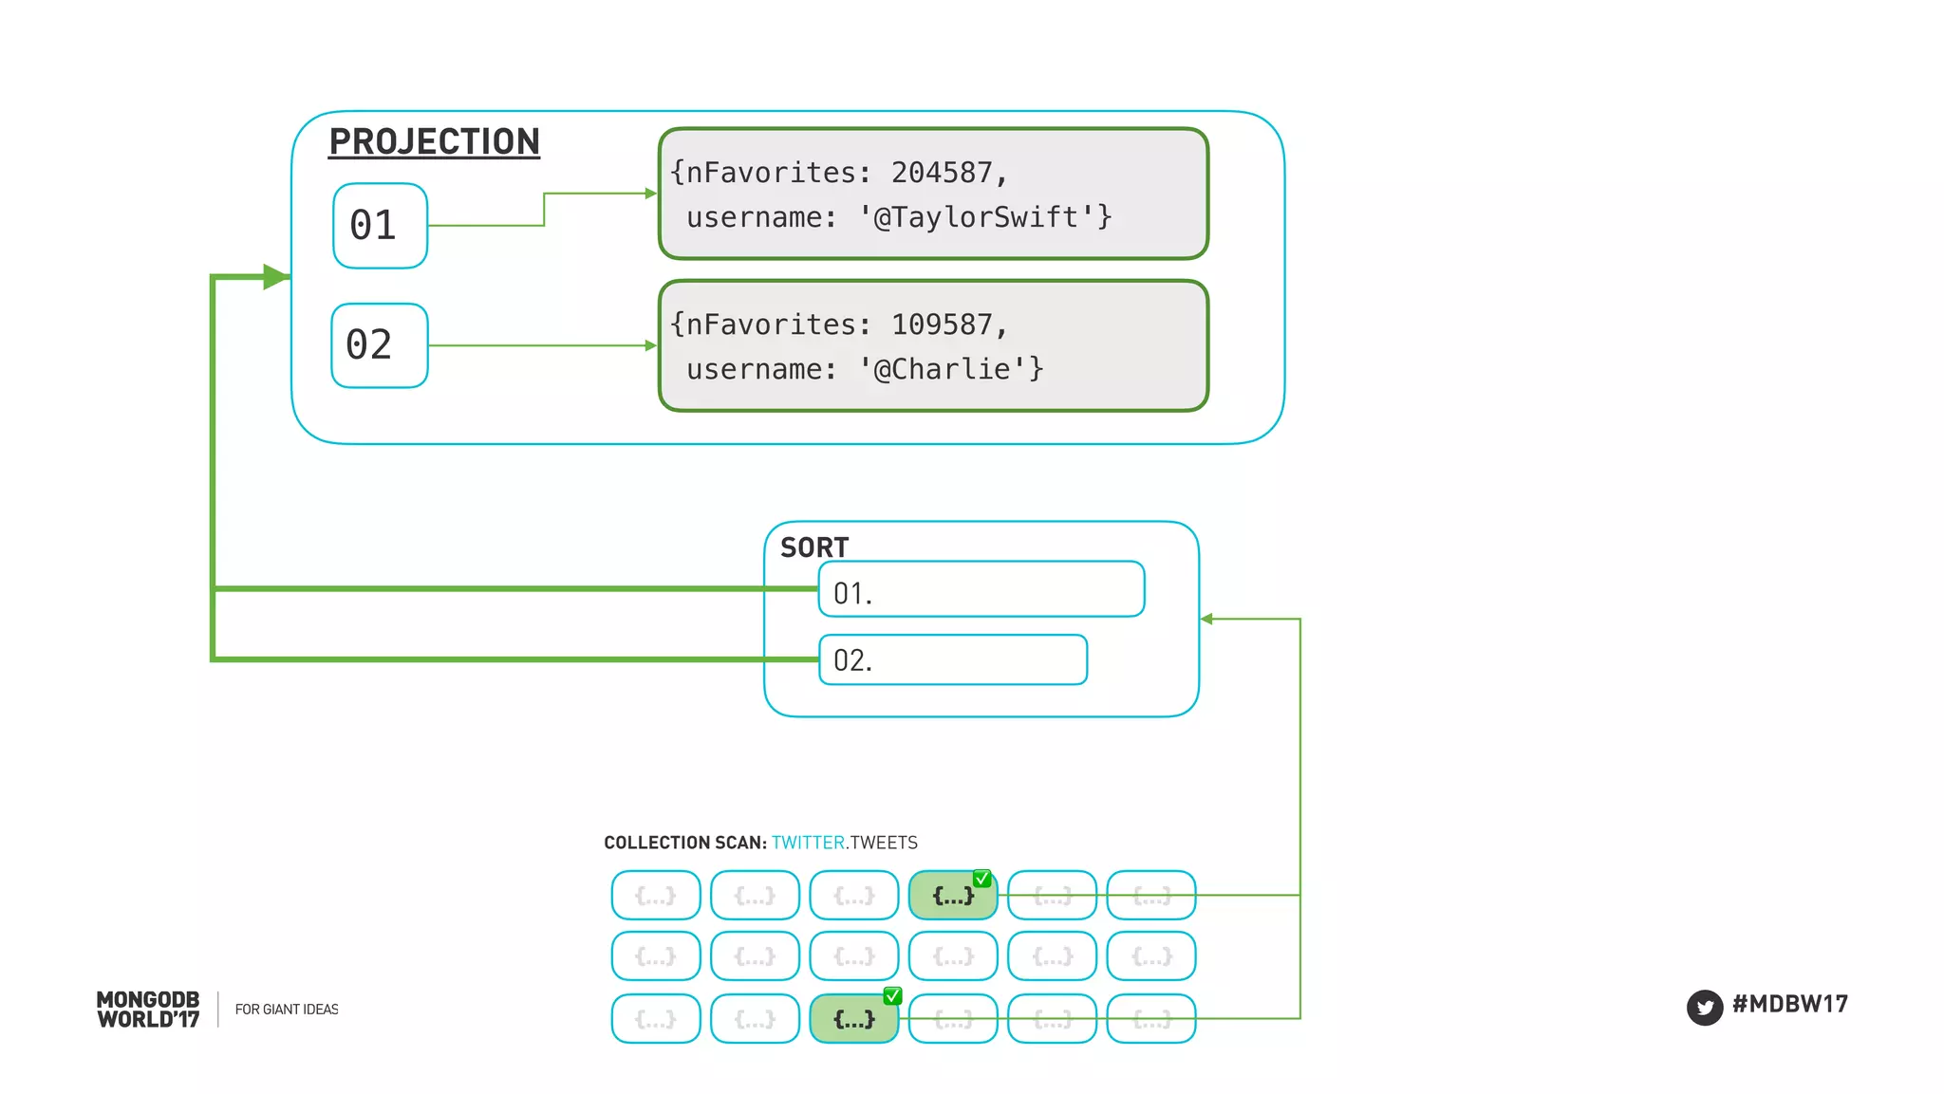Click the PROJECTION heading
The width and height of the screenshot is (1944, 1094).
click(434, 142)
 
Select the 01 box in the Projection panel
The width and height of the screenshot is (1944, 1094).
click(380, 226)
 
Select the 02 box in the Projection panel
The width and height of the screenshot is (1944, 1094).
click(379, 345)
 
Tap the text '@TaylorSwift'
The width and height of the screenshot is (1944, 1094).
click(978, 217)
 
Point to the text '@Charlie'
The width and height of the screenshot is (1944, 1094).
click(944, 369)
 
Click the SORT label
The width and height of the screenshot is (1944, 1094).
click(813, 547)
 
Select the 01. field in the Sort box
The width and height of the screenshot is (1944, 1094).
click(981, 589)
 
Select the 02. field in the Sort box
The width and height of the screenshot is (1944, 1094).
click(952, 659)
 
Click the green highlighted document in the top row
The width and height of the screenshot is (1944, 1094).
click(952, 896)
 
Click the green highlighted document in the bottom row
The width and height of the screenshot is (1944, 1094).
click(853, 1019)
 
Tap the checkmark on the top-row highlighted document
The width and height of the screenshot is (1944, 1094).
click(982, 879)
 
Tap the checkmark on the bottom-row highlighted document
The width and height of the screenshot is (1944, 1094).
click(892, 995)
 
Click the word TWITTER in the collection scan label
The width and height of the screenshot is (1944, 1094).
click(808, 843)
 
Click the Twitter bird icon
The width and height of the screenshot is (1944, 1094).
click(1704, 1007)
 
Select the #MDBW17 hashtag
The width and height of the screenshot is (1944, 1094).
click(1789, 1004)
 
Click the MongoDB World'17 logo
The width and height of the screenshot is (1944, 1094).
click(148, 1010)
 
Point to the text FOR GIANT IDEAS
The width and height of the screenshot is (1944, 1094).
click(287, 1010)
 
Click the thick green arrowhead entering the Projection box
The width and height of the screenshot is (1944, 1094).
click(275, 277)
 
